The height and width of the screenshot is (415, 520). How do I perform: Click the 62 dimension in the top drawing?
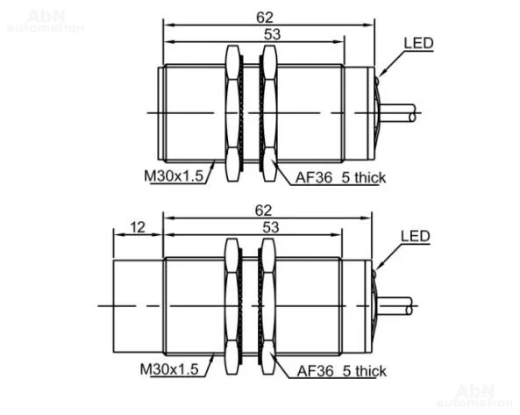point(265,18)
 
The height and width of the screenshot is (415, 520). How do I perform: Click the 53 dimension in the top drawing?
point(272,34)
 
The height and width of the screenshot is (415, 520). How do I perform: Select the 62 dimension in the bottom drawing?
point(263,211)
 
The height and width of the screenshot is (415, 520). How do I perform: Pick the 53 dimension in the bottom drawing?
point(271,227)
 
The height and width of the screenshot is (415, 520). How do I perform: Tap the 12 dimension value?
point(138,227)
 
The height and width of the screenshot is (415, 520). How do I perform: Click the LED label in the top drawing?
point(418,43)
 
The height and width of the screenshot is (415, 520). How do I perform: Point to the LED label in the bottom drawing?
point(415,236)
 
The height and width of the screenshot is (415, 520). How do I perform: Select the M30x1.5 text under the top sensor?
point(174,175)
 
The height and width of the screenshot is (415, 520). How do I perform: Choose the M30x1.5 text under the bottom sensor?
point(169,368)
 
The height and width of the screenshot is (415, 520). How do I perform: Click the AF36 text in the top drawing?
point(313,177)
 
